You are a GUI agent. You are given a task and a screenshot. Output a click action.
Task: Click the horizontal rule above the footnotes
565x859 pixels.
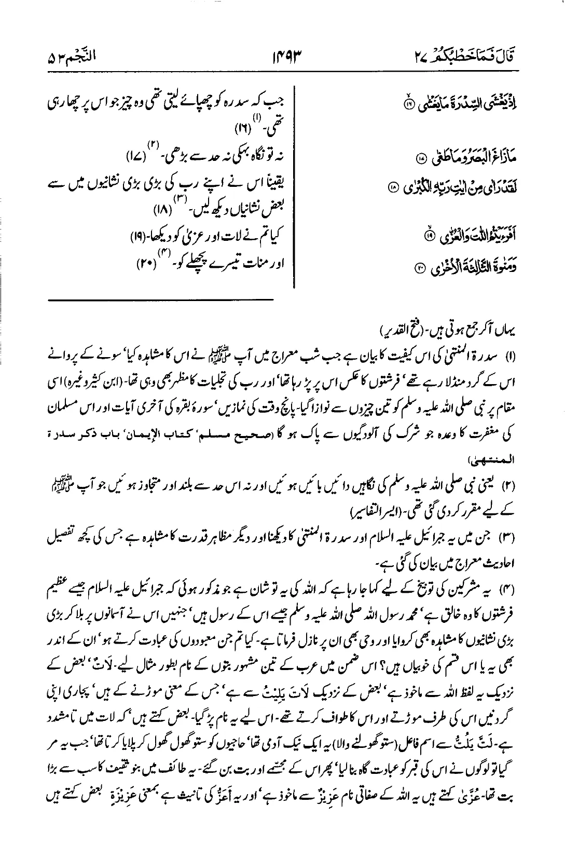160,299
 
